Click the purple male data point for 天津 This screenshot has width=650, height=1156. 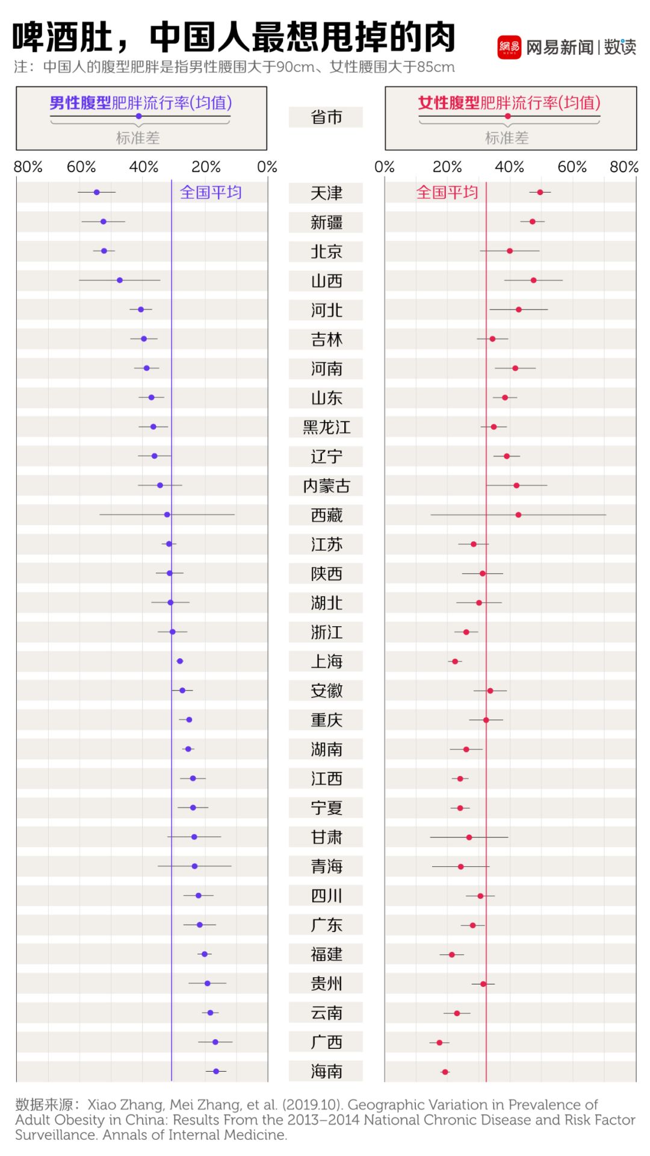pyautogui.click(x=96, y=192)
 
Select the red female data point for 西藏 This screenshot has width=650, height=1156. pyautogui.click(x=518, y=515)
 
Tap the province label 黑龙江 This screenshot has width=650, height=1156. pyautogui.click(x=326, y=427)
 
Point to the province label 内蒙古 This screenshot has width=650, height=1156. pyautogui.click(x=326, y=486)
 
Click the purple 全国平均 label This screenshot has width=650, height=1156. pyautogui.click(x=211, y=193)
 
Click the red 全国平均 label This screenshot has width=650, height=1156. pyautogui.click(x=447, y=193)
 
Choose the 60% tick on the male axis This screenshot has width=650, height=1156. pyautogui.click(x=81, y=167)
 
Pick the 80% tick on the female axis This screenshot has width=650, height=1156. pyautogui.click(x=624, y=167)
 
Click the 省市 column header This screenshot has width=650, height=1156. pyautogui.click(x=326, y=117)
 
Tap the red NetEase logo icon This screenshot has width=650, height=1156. pyautogui.click(x=509, y=47)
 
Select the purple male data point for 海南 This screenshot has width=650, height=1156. pyautogui.click(x=216, y=1071)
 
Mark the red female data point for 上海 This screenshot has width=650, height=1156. pyautogui.click(x=455, y=661)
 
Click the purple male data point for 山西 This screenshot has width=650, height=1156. pyautogui.click(x=120, y=280)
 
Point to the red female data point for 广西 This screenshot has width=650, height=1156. pyautogui.click(x=439, y=1042)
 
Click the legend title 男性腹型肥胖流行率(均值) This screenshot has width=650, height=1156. pyautogui.click(x=141, y=103)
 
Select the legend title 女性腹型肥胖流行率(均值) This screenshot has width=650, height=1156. pyautogui.click(x=509, y=103)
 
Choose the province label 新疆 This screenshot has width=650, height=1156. pyautogui.click(x=326, y=222)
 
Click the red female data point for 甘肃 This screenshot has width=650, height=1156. pyautogui.click(x=469, y=837)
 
